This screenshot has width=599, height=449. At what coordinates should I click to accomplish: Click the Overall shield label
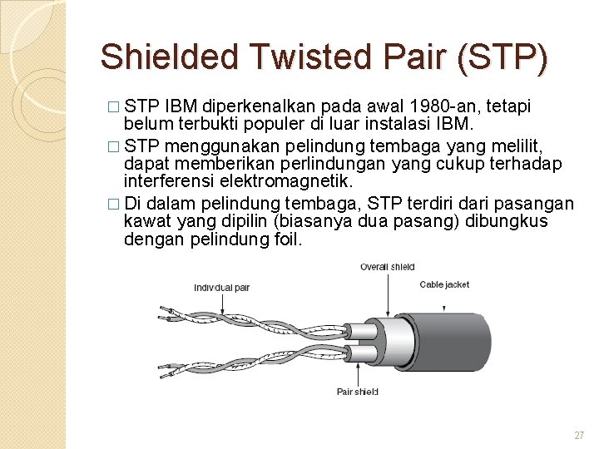(x=387, y=267)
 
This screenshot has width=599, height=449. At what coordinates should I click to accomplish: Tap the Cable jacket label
(x=444, y=284)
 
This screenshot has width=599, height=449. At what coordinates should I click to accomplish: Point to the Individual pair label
(x=221, y=288)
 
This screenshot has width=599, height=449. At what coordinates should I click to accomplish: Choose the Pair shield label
(x=357, y=392)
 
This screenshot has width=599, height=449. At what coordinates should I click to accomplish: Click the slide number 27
(x=579, y=436)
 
